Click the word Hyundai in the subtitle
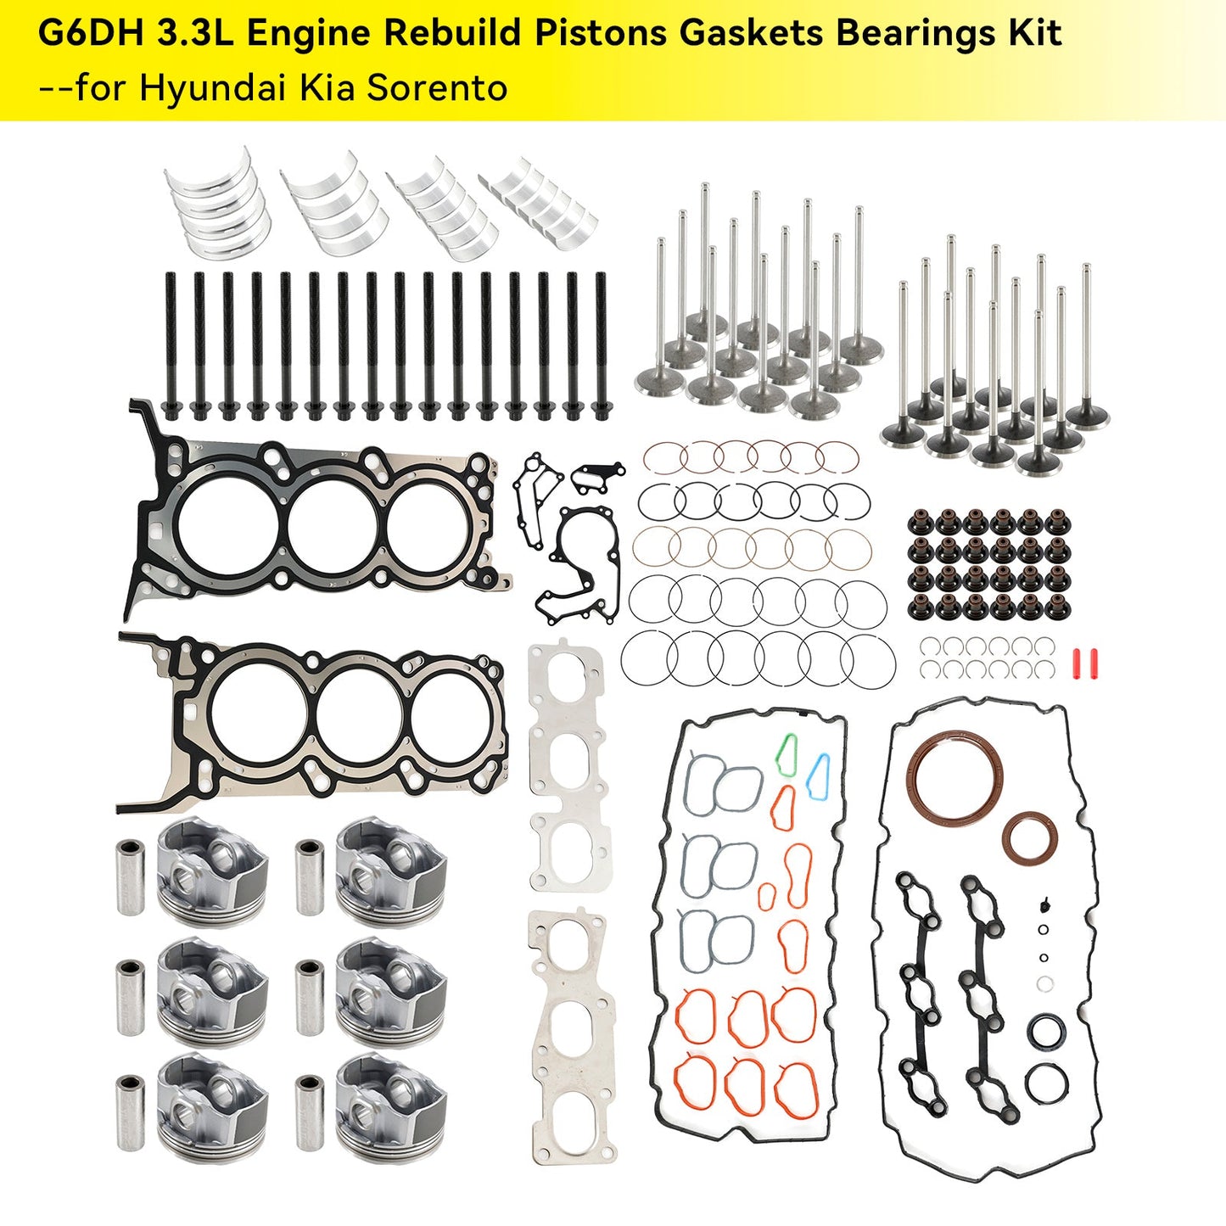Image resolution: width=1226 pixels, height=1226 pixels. coord(214,87)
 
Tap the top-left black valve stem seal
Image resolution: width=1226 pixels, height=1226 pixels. coord(917,521)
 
